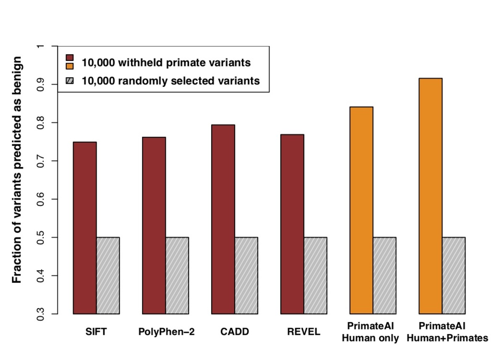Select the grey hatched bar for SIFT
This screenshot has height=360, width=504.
pyautogui.click(x=108, y=276)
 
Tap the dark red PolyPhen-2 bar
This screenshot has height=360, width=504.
pyautogui.click(x=154, y=226)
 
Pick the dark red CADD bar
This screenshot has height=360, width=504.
pyautogui.click(x=223, y=219)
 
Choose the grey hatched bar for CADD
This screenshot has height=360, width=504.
pyautogui.click(x=246, y=276)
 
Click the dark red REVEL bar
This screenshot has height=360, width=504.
pyautogui.click(x=292, y=224)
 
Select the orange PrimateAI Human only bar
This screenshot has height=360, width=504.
pyautogui.click(x=361, y=210)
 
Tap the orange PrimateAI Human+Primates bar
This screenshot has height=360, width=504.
pyautogui.click(x=430, y=196)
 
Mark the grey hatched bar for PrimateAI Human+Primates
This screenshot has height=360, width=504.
pyautogui.click(x=454, y=276)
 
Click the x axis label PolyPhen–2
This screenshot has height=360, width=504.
pyautogui.click(x=167, y=332)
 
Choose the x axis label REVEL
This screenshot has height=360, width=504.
pyautogui.click(x=304, y=332)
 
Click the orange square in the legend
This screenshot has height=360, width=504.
pyautogui.click(x=70, y=66)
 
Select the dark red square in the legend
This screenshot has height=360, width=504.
pyautogui.click(x=70, y=57)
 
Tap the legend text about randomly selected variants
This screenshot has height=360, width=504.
pyautogui.click(x=171, y=81)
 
